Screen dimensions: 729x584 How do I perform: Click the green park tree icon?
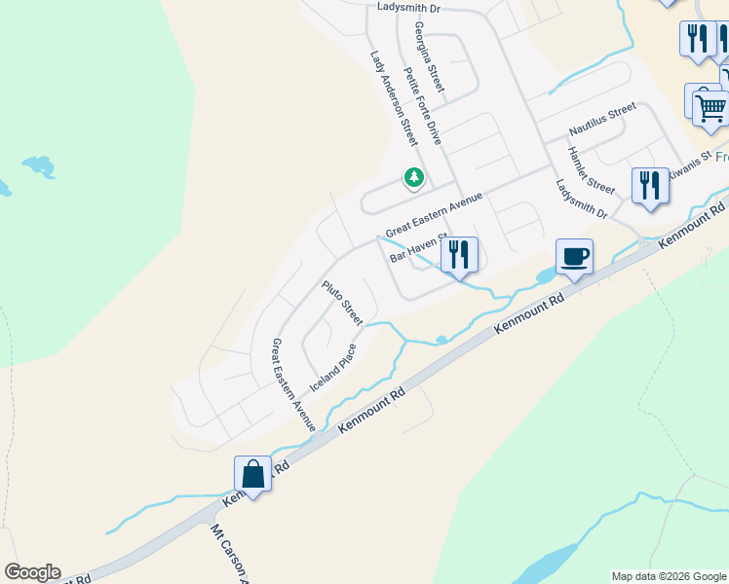tap(414, 177)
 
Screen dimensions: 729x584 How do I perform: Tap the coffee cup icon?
tap(574, 257)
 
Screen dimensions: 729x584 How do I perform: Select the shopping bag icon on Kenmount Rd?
tap(252, 475)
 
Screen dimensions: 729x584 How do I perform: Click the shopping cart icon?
tap(710, 107)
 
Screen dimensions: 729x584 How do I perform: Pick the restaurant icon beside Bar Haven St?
tap(459, 254)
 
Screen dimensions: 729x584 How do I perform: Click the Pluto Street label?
tap(343, 303)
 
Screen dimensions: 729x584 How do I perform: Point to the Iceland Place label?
tap(333, 368)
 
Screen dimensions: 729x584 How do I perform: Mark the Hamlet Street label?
tap(592, 170)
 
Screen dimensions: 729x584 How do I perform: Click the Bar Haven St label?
tap(416, 248)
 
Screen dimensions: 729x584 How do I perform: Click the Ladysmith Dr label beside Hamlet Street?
tap(582, 200)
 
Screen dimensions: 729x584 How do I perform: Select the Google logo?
tap(32, 572)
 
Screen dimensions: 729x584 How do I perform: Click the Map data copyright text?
tap(668, 576)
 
